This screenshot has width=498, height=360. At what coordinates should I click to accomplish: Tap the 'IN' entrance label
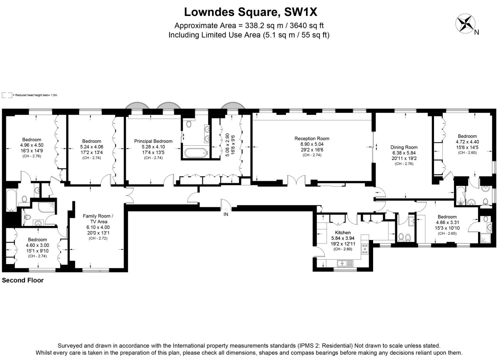(x=226, y=214)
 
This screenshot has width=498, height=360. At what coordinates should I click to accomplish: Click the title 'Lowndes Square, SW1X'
(x=250, y=12)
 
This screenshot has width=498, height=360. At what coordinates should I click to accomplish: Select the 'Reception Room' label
(x=312, y=138)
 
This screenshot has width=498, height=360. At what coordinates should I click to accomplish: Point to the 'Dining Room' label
(x=404, y=147)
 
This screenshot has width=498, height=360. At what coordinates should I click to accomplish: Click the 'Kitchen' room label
(x=343, y=233)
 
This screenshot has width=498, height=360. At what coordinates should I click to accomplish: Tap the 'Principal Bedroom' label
(x=153, y=141)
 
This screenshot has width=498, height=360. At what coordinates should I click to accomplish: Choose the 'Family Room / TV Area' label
(x=98, y=219)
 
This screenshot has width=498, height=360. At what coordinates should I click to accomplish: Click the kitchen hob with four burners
(x=365, y=249)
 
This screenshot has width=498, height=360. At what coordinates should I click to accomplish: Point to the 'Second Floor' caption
(x=23, y=280)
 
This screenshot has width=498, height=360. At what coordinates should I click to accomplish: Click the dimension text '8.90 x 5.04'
(x=312, y=144)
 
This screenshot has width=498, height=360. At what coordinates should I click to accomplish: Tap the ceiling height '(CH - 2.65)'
(x=447, y=233)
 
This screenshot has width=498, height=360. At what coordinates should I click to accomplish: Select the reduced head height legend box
(x=7, y=95)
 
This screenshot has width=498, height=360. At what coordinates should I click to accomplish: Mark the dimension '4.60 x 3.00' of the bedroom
(x=37, y=245)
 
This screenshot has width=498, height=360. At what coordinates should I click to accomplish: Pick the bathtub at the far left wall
(x=11, y=200)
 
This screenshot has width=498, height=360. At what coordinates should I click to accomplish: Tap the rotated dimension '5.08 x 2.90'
(x=228, y=145)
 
